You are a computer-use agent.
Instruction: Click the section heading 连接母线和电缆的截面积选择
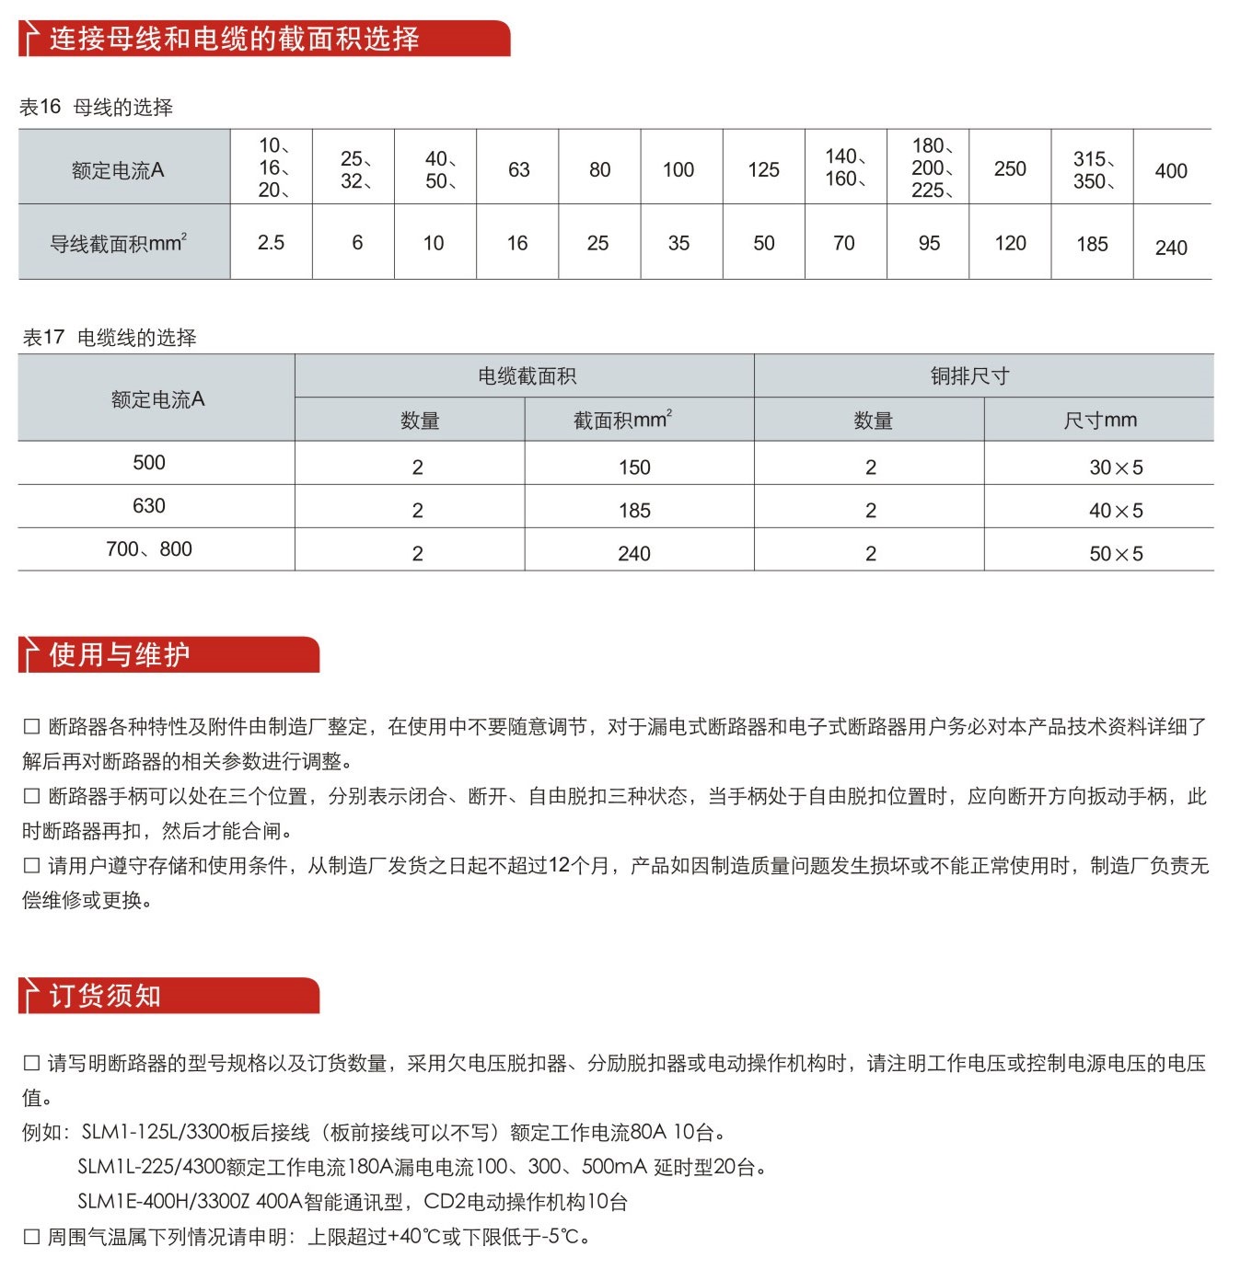[x=234, y=39]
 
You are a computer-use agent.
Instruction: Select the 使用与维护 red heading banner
[x=120, y=654]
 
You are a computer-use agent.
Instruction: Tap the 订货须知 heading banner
[x=105, y=996]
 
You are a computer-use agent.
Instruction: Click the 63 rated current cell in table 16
[x=518, y=170]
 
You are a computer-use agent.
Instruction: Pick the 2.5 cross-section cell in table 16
[x=271, y=243]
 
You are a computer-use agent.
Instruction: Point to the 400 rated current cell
[x=1171, y=171]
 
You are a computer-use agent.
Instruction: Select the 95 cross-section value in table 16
[x=929, y=244]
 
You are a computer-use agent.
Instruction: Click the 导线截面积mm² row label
[x=119, y=244]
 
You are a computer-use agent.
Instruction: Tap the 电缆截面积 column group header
[x=527, y=375]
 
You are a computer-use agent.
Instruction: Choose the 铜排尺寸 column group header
[x=969, y=375]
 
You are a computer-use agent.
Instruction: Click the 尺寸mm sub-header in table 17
[x=1100, y=421]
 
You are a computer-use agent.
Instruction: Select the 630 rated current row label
[x=149, y=506]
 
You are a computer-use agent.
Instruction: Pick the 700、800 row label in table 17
[x=149, y=549]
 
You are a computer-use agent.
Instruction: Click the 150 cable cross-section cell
[x=634, y=467]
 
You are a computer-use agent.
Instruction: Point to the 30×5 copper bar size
[x=1116, y=467]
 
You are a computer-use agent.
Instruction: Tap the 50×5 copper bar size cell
[x=1116, y=554]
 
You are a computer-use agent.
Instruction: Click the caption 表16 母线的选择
[x=96, y=108]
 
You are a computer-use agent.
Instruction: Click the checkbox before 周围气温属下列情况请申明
[x=31, y=1237]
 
